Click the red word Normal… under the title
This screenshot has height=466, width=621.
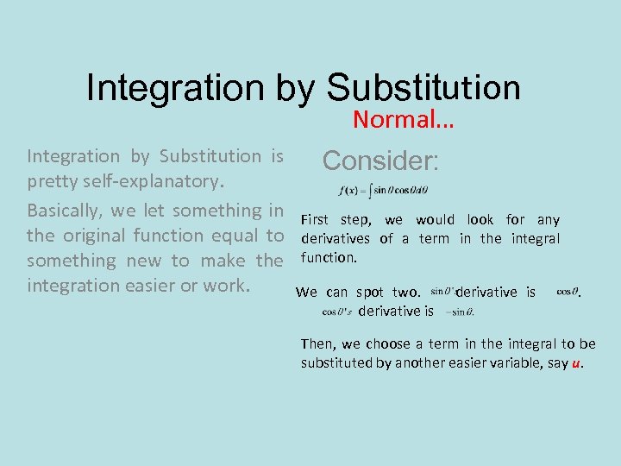point(403,119)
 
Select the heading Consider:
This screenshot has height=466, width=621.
point(380,161)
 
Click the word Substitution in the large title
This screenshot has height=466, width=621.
point(423,88)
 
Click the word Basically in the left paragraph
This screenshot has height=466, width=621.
point(66,211)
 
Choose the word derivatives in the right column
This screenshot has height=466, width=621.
point(336,239)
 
